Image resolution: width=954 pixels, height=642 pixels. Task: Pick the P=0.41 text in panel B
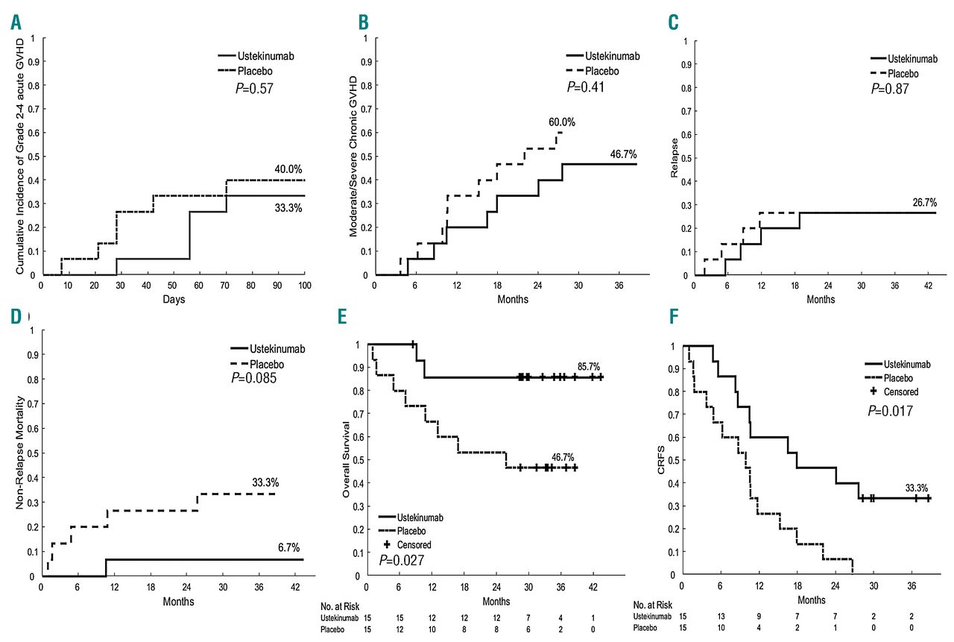585,86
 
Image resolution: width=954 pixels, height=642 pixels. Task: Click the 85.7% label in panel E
588,366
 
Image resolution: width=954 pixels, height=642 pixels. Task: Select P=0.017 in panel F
891,411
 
